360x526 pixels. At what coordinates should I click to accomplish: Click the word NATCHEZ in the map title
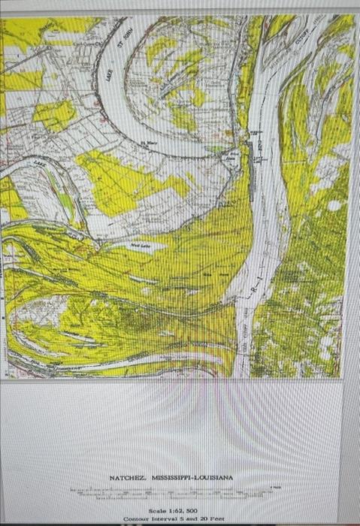tap(125, 478)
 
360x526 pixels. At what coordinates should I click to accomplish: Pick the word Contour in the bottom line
tap(137, 518)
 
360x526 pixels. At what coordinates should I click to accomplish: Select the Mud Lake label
tap(140, 244)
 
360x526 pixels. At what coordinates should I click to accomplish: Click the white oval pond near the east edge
tap(334, 204)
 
